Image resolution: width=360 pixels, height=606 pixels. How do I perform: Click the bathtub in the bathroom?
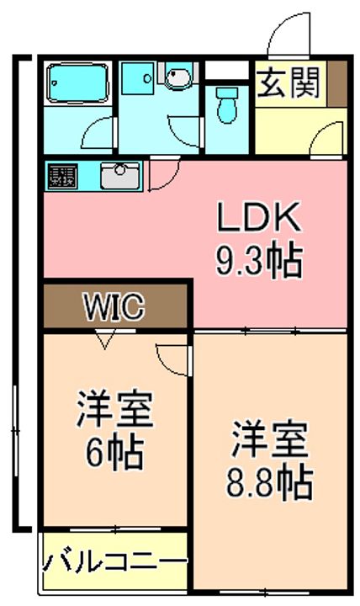[77, 84]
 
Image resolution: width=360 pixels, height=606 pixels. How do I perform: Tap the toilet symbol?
[227, 104]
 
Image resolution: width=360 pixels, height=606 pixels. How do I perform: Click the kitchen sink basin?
[120, 176]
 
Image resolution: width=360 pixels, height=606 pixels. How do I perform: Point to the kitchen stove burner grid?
[62, 176]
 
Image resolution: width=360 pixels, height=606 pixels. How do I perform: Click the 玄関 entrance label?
[289, 82]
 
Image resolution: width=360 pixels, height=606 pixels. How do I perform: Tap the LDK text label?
[259, 217]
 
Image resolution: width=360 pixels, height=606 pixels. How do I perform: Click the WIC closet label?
[114, 306]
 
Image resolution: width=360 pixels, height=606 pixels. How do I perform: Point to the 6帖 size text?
[114, 453]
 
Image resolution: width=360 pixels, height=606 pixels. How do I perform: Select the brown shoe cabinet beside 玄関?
[337, 83]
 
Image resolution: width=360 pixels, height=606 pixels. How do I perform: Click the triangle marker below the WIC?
[104, 340]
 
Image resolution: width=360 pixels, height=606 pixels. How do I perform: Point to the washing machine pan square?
[137, 79]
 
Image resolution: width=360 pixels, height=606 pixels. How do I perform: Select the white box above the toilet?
[227, 71]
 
